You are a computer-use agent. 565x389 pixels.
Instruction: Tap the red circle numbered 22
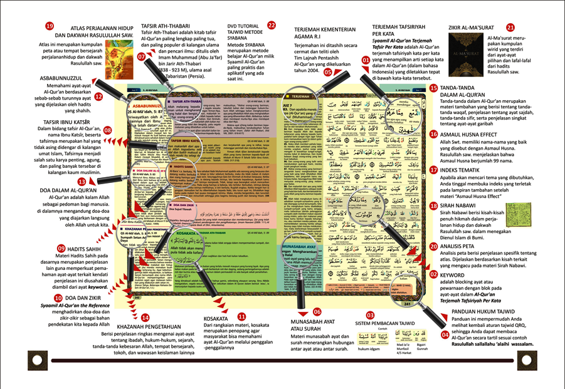point(272,26)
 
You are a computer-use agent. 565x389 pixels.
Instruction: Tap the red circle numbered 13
point(82,181)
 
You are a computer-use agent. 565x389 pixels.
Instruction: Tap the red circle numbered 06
point(317,311)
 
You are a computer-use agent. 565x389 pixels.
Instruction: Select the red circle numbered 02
point(433,274)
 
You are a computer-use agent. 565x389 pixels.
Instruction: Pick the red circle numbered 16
point(433,133)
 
